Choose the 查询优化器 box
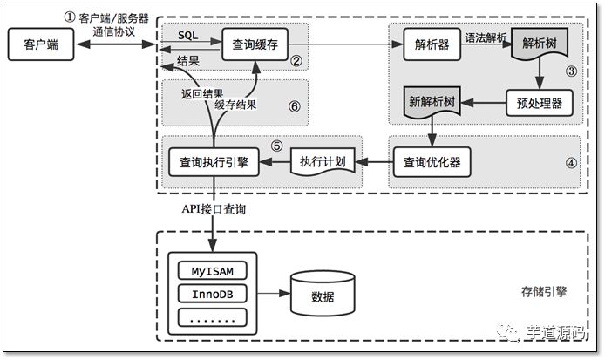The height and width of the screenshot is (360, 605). click(432, 161)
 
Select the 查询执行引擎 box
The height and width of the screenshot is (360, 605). click(213, 161)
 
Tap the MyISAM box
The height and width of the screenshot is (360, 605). click(213, 271)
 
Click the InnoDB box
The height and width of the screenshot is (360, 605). click(213, 295)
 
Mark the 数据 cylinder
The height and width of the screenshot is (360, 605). click(323, 294)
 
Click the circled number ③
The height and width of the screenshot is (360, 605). click(572, 70)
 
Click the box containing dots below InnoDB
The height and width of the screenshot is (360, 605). click(213, 318)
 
